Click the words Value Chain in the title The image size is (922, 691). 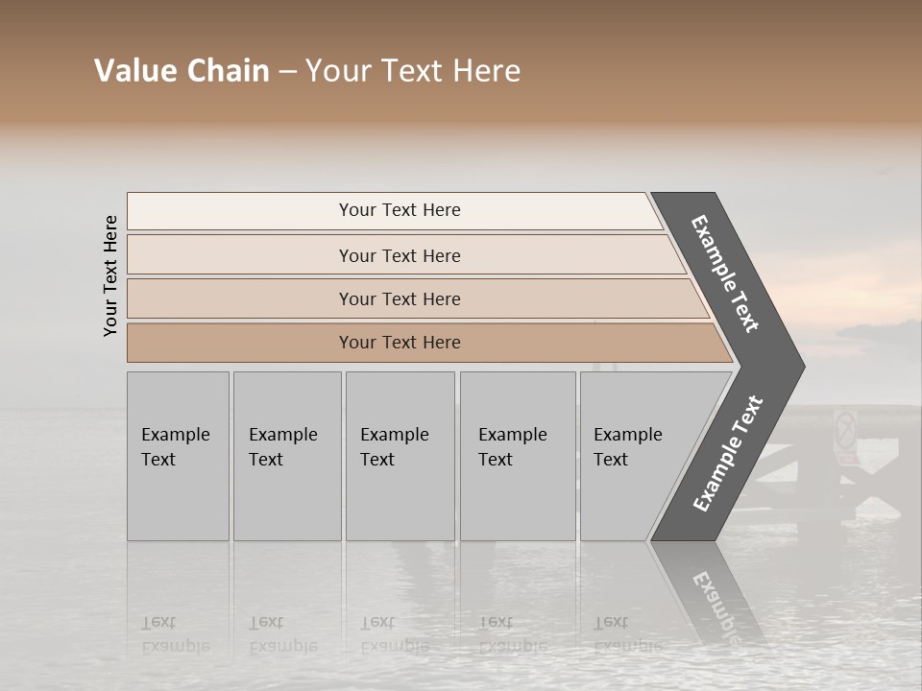[182, 71]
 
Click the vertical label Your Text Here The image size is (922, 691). [110, 275]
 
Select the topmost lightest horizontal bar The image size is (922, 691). [400, 210]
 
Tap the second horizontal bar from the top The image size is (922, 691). [400, 255]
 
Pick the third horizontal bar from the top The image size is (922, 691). [400, 298]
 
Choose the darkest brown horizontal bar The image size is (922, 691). [400, 343]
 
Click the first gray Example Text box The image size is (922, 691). [178, 456]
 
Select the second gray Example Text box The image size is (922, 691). [286, 456]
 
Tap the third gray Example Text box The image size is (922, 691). [400, 456]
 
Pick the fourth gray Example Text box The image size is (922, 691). [517, 456]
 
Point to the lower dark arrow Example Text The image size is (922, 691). [728, 453]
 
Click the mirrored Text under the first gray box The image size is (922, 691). [158, 622]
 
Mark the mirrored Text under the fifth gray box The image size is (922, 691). [611, 622]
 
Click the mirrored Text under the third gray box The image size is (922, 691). [377, 622]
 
